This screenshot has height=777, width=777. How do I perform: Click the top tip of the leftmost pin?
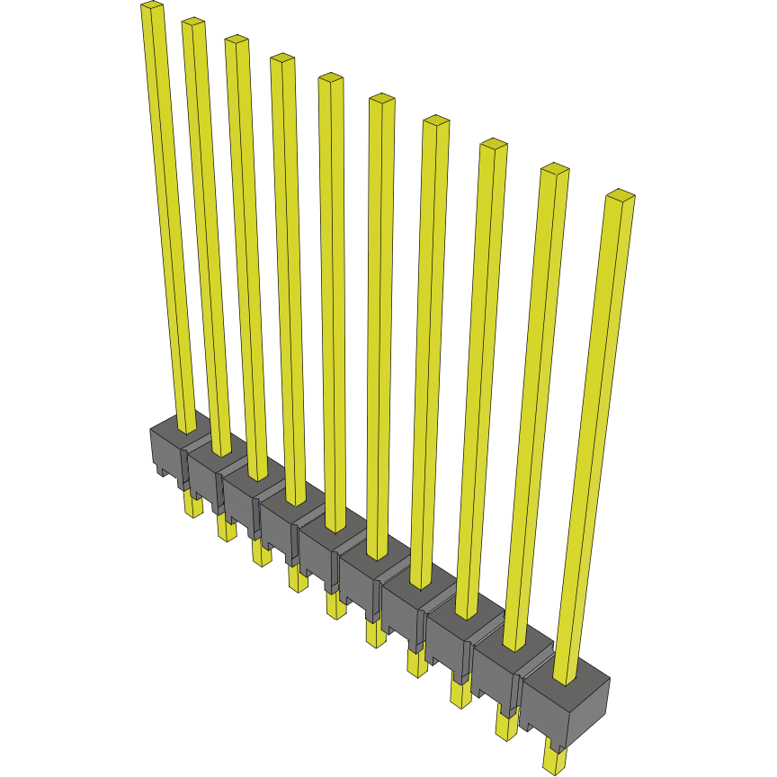(x=152, y=6)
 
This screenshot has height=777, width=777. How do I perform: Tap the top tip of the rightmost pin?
(x=621, y=194)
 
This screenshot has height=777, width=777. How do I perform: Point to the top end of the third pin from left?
(x=237, y=40)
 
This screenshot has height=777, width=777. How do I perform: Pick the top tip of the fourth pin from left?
(x=282, y=59)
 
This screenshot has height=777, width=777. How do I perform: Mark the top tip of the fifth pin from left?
(x=330, y=79)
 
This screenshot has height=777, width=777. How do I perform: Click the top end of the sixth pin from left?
(x=381, y=99)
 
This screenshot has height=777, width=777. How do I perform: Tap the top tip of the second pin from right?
(x=555, y=169)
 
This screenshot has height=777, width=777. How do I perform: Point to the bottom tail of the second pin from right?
(x=506, y=724)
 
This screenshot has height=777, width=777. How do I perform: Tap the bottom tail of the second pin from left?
(x=225, y=530)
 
